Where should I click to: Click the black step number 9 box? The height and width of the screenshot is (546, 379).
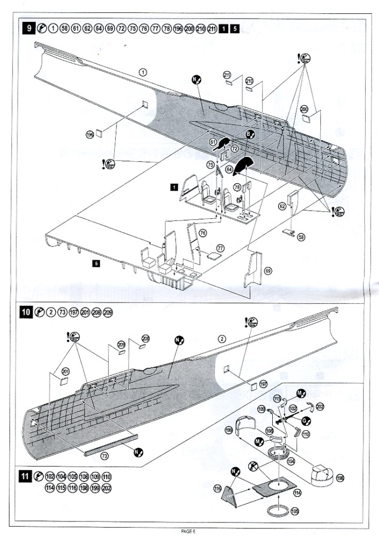point(28,28)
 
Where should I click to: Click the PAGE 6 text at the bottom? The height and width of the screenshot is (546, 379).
point(189,531)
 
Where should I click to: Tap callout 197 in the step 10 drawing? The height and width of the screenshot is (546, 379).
point(263,384)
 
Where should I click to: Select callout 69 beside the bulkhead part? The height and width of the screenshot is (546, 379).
point(268,271)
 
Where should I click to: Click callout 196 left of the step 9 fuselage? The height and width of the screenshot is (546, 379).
point(90,135)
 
